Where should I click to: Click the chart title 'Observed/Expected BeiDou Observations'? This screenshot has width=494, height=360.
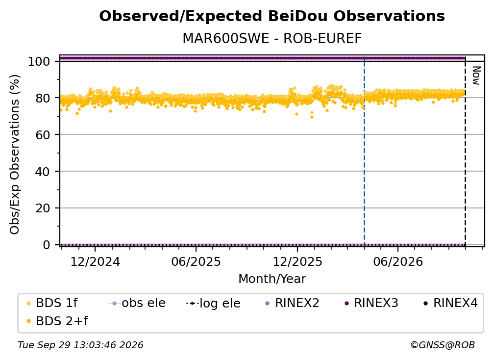click(272, 16)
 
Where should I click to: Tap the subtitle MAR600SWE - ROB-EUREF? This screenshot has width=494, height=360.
click(272, 39)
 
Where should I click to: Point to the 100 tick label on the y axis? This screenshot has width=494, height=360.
click(39, 61)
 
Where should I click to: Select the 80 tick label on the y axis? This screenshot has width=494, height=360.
click(43, 98)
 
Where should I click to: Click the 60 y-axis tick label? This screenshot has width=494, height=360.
click(43, 135)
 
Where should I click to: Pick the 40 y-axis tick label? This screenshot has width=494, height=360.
click(43, 172)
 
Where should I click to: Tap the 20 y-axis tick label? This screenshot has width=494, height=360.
click(43, 208)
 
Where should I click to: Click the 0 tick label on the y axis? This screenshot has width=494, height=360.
click(47, 245)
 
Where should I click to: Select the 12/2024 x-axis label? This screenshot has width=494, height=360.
click(95, 262)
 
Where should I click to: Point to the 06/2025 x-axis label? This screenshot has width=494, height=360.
click(196, 262)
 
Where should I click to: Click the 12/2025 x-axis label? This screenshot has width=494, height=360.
click(297, 262)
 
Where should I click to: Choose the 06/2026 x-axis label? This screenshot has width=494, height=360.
click(398, 262)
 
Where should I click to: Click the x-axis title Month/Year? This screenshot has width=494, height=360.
click(272, 279)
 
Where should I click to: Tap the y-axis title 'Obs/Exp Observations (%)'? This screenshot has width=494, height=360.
click(15, 154)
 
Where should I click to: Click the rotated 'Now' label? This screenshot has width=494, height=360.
click(476, 76)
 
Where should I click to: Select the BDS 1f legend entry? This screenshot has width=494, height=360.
click(52, 303)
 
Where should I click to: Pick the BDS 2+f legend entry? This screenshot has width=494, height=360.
click(57, 321)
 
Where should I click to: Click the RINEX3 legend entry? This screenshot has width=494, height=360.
click(372, 303)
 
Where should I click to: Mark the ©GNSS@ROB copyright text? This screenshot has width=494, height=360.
click(443, 345)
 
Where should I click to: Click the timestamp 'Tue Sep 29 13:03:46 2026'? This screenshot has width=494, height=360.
click(80, 345)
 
